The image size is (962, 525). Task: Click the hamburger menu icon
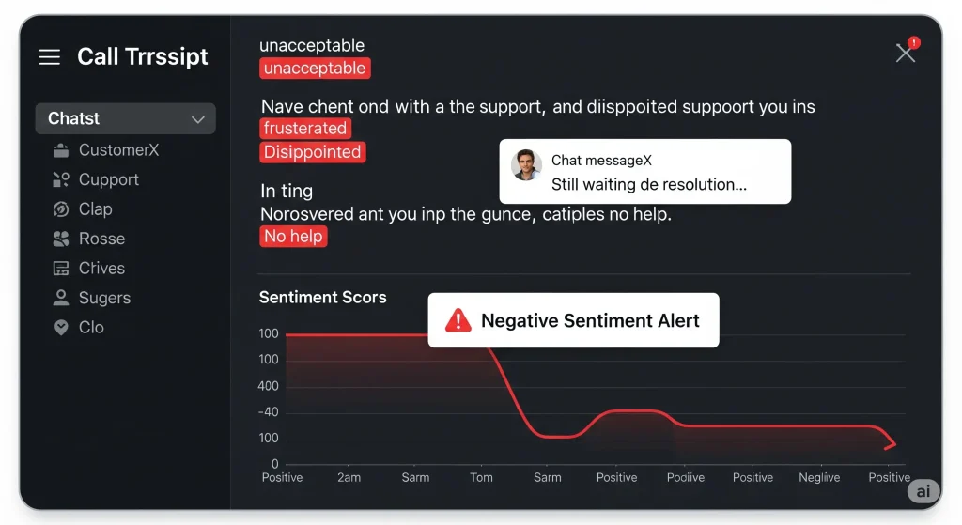pyautogui.click(x=50, y=58)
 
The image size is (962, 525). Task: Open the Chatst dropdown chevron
pyautogui.click(x=198, y=119)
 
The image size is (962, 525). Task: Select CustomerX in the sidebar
pyautogui.click(x=118, y=150)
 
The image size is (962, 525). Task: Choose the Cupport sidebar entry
pyautogui.click(x=108, y=179)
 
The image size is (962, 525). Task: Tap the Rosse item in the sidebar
pyautogui.click(x=101, y=239)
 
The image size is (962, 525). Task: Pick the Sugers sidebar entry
pyautogui.click(x=104, y=298)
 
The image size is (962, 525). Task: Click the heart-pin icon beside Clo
pyautogui.click(x=61, y=328)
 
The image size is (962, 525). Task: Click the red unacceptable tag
pyautogui.click(x=315, y=69)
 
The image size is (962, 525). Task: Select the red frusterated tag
pyautogui.click(x=305, y=129)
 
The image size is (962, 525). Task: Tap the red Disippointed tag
pyautogui.click(x=312, y=152)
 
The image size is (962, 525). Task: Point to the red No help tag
pyautogui.click(x=293, y=237)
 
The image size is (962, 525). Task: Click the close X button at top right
pyautogui.click(x=905, y=54)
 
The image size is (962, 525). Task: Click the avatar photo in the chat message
pyautogui.click(x=527, y=165)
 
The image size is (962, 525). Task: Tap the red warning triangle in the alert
pyautogui.click(x=458, y=321)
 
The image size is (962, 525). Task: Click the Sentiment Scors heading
pyautogui.click(x=322, y=298)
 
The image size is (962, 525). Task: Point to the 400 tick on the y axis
pyautogui.click(x=269, y=386)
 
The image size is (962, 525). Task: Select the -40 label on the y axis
pyautogui.click(x=269, y=412)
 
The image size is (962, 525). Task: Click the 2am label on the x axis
pyautogui.click(x=349, y=477)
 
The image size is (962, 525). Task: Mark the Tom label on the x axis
pyautogui.click(x=481, y=477)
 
